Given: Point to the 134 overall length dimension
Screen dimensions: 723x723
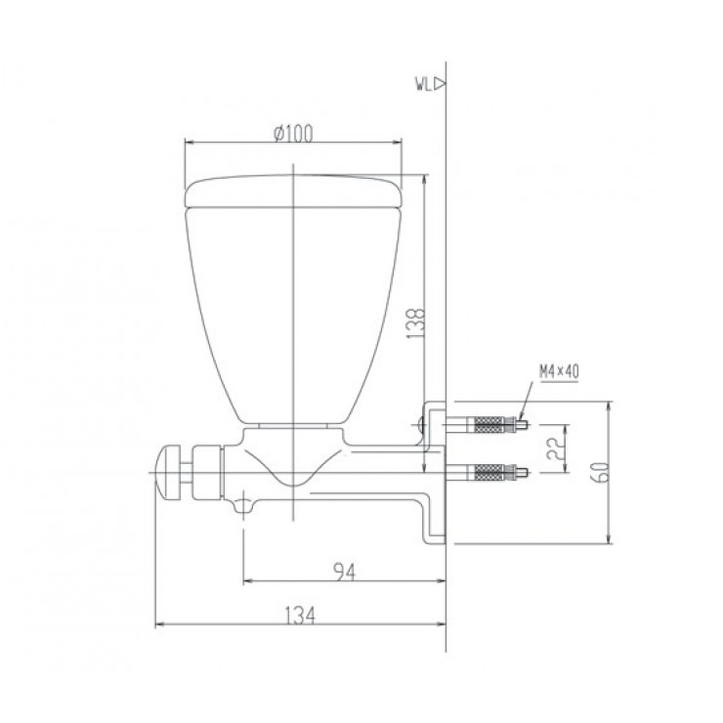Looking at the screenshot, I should [x=300, y=615].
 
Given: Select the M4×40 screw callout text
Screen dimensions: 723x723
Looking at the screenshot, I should [x=559, y=371].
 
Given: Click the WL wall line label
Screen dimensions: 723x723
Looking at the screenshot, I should [x=422, y=85].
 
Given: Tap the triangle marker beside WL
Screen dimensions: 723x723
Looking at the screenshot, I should [x=440, y=85].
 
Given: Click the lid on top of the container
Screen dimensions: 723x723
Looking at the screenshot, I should [x=293, y=191].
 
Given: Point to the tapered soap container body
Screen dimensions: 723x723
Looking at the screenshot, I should [x=293, y=313].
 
